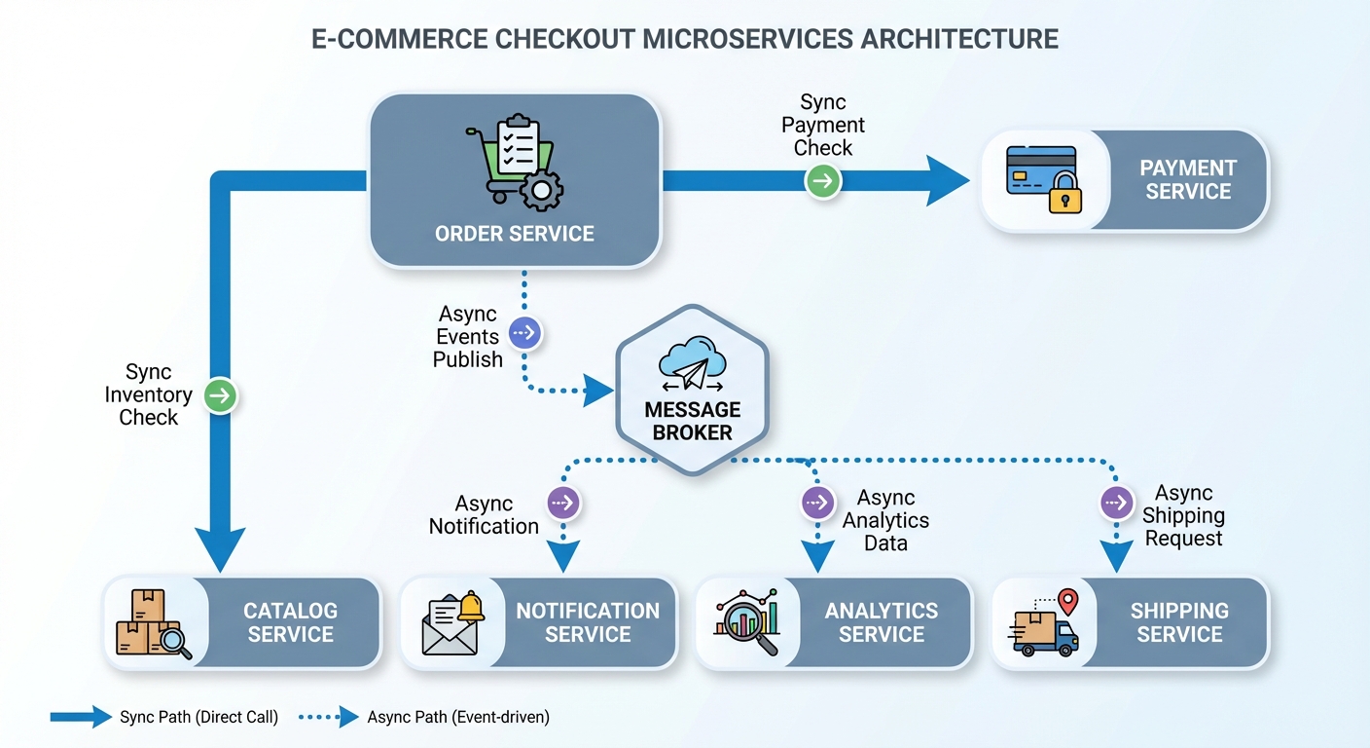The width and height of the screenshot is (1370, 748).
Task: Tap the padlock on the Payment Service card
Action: (1064, 194)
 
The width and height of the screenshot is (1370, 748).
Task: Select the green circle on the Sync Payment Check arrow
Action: (823, 181)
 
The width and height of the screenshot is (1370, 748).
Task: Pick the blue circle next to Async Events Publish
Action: (524, 333)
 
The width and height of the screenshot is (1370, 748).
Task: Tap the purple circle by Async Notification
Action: (563, 503)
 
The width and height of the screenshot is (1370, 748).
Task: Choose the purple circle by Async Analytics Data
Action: (817, 503)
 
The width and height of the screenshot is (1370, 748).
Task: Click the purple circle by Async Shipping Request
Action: (1116, 503)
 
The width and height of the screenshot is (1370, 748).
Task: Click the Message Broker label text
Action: (692, 421)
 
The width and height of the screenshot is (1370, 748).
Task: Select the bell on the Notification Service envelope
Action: (471, 606)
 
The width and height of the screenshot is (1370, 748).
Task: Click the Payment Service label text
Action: (1187, 180)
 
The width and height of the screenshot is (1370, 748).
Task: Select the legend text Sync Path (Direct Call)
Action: (198, 718)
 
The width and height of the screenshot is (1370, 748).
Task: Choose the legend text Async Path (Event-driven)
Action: (458, 718)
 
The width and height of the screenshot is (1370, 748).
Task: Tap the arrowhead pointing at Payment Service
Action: (947, 181)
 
